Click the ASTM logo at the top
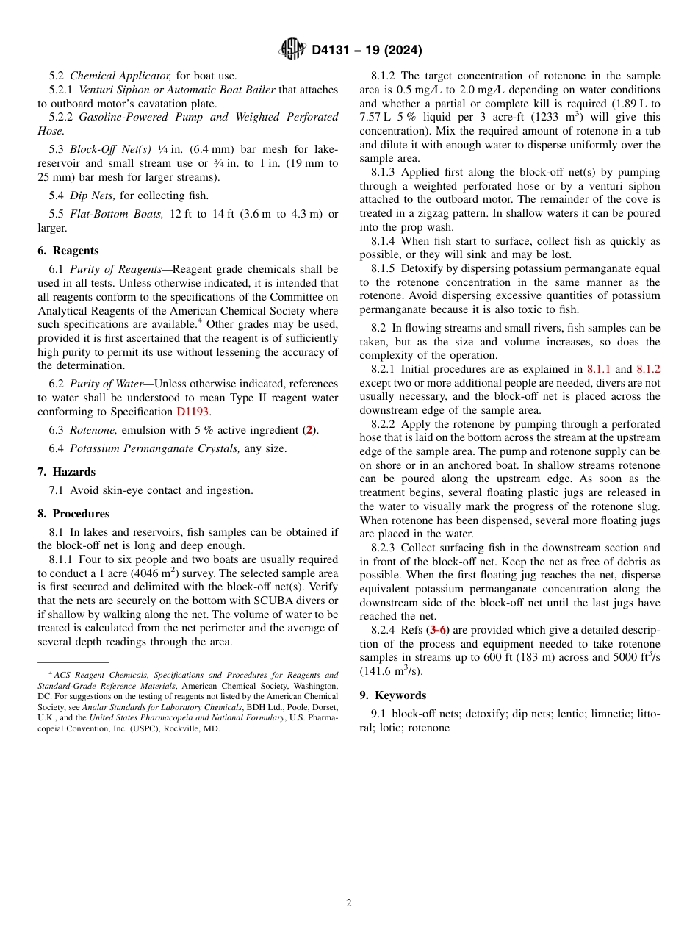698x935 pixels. [x=292, y=49]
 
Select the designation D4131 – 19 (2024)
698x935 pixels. [x=367, y=50]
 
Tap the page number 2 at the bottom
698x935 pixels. [x=349, y=903]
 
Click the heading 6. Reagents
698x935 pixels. [x=68, y=251]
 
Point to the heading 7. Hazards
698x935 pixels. [x=67, y=472]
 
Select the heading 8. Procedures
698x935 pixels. [x=73, y=514]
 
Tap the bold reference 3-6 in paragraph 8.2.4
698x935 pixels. [x=439, y=630]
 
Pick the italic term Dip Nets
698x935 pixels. [x=92, y=196]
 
